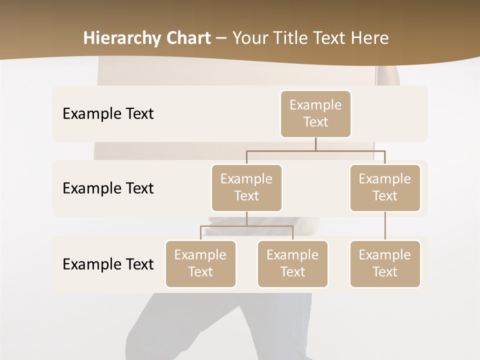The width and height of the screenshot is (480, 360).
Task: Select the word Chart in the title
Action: point(187,38)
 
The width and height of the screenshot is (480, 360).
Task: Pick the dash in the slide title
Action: point(221,39)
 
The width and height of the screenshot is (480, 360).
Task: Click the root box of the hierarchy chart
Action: point(315,114)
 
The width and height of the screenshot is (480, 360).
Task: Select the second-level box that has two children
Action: point(246,188)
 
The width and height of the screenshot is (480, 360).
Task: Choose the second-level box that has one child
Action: point(385,188)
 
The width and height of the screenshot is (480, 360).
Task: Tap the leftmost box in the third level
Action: point(200,264)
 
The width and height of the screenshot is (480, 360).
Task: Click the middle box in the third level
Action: point(292,264)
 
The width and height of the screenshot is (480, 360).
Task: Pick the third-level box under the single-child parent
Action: point(385,264)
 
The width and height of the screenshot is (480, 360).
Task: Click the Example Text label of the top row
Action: point(108,114)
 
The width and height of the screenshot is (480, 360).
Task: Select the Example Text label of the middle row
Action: point(108,188)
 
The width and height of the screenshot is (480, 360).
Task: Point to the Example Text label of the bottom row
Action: point(108,264)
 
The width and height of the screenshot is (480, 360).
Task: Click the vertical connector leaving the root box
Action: point(315,144)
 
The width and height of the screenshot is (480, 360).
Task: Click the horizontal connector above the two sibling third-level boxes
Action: point(246,226)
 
